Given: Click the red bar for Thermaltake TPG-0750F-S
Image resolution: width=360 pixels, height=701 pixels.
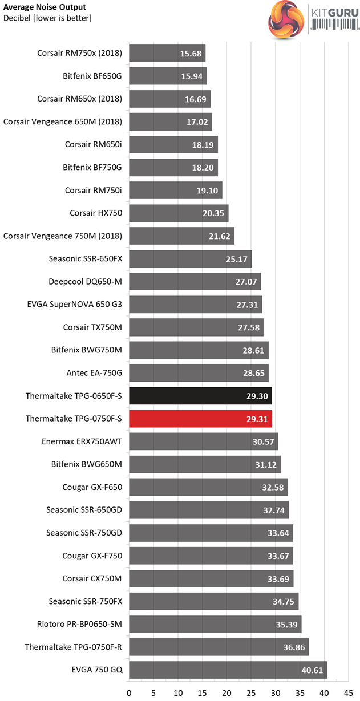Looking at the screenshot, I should [x=200, y=419].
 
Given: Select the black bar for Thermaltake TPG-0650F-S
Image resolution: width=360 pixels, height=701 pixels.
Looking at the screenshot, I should [x=200, y=396].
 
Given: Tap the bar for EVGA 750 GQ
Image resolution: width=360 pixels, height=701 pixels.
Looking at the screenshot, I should [x=228, y=670].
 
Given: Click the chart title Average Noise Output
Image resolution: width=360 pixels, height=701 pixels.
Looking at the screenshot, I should [x=45, y=7].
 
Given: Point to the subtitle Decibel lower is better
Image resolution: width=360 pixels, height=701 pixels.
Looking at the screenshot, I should [x=47, y=18].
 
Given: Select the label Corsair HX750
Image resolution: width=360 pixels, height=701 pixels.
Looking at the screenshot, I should [x=96, y=213].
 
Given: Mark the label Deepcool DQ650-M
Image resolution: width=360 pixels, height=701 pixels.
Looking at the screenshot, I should [x=86, y=282].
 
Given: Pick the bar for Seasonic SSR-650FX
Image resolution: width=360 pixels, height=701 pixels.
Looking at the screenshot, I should [x=191, y=259].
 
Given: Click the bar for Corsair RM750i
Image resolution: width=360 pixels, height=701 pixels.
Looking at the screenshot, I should [x=176, y=191].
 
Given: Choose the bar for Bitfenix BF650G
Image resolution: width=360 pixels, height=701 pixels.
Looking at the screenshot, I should [x=168, y=76].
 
